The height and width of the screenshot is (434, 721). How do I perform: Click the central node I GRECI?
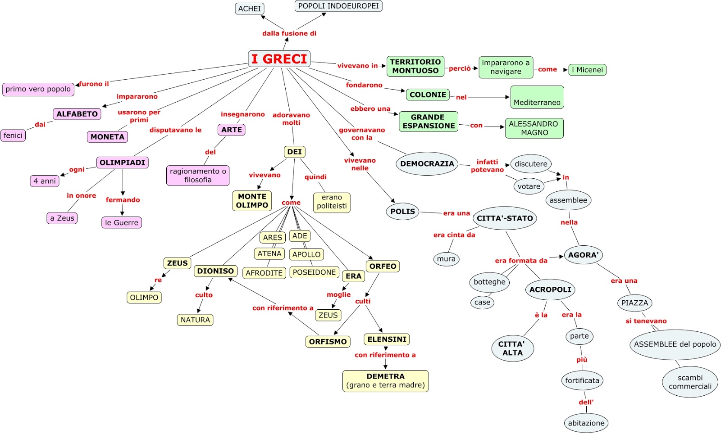click(x=279, y=59)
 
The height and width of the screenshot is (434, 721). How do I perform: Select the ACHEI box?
click(x=250, y=9)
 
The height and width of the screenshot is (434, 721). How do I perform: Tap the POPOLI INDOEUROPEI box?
click(x=338, y=6)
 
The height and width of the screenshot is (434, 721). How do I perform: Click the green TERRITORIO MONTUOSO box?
click(x=415, y=66)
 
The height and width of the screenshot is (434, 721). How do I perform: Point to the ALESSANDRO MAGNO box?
click(x=534, y=128)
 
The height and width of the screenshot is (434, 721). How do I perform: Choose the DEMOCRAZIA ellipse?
click(x=427, y=163)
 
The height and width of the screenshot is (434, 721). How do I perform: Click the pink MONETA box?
click(x=108, y=137)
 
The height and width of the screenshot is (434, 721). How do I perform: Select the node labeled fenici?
click(x=13, y=136)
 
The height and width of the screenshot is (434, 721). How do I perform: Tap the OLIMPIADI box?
click(x=122, y=163)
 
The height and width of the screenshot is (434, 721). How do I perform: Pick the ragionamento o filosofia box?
click(x=198, y=176)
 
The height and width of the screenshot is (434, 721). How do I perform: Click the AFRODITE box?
click(x=264, y=273)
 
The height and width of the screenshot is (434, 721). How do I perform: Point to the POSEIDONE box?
click(x=314, y=272)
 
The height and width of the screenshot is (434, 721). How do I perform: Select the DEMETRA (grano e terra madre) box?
click(x=385, y=381)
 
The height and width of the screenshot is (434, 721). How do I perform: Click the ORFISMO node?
click(x=328, y=341)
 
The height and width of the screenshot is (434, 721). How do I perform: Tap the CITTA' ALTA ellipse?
click(x=512, y=348)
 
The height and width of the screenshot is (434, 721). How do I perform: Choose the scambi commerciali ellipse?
click(x=690, y=382)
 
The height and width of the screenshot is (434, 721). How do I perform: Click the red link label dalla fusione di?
click(x=289, y=33)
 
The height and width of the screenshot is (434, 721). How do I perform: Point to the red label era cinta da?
click(x=454, y=235)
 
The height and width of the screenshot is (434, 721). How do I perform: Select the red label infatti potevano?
click(x=487, y=166)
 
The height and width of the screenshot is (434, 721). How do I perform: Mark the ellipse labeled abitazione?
click(x=586, y=423)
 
